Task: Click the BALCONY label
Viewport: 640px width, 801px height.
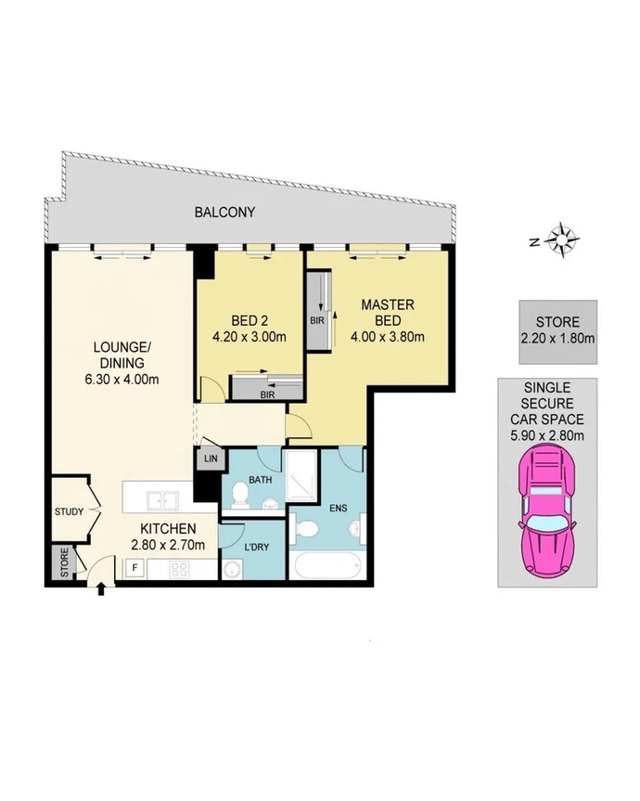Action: [x=224, y=213]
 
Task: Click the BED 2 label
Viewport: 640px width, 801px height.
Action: [x=249, y=321]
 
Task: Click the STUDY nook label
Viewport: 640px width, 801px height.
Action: [x=70, y=511]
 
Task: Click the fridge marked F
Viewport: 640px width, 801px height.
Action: [x=134, y=566]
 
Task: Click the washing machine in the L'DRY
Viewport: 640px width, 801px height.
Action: [x=232, y=568]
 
